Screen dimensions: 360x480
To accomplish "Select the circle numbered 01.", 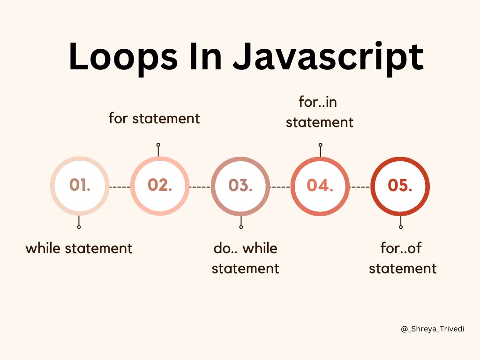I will [x=80, y=186].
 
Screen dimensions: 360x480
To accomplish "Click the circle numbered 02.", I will [x=160, y=186].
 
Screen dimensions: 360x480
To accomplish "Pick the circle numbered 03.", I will [x=240, y=186].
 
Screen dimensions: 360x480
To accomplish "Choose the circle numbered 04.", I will [x=320, y=186].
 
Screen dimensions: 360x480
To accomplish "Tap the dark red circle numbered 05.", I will [x=400, y=186].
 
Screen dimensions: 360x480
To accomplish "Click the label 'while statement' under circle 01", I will [x=79, y=248].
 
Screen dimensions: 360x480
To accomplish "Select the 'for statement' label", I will [x=154, y=118].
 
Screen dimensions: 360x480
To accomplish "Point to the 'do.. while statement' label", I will [x=245, y=258].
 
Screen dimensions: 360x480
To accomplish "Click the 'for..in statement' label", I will [x=319, y=112].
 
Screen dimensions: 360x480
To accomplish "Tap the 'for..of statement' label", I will [x=403, y=258].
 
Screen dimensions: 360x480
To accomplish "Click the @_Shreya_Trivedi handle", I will [x=433, y=329].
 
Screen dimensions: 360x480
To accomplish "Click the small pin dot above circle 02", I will [x=158, y=145].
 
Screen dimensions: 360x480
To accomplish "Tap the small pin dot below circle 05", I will [x=401, y=227].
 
